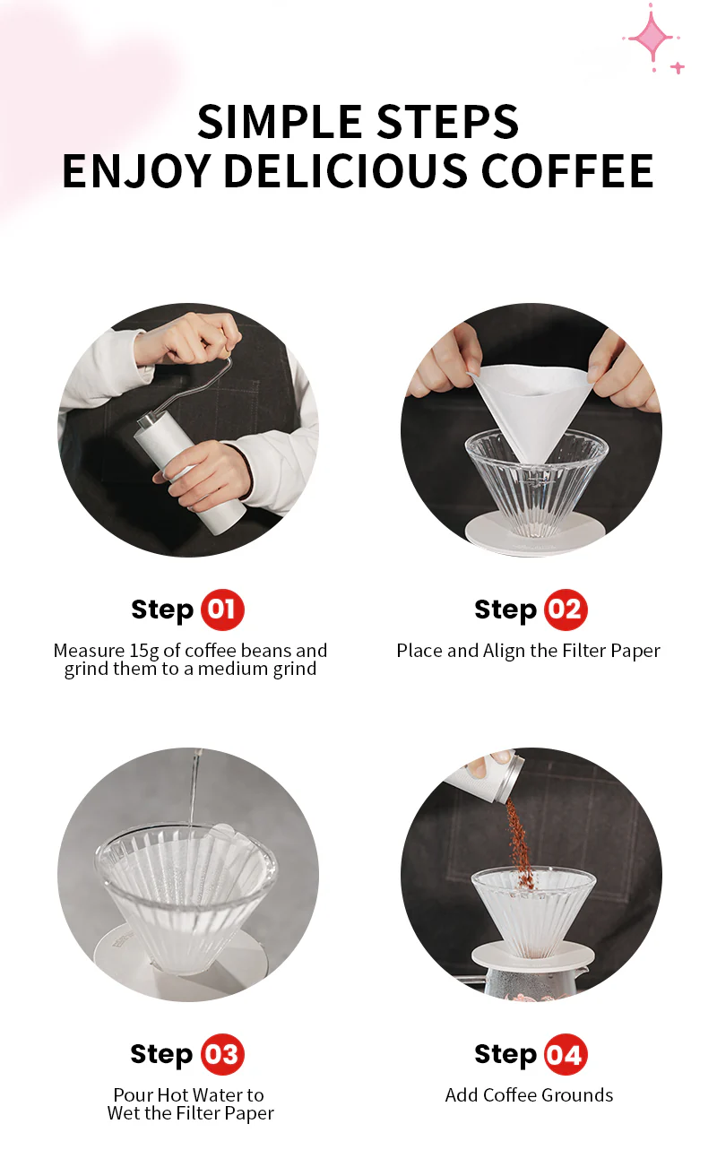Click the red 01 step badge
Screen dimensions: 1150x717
point(221,610)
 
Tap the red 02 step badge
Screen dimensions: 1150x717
point(565,610)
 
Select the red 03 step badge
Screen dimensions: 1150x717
point(221,1055)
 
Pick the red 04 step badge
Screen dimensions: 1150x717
point(565,1055)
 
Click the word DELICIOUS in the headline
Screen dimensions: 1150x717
point(345,171)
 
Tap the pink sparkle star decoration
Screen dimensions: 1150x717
point(651,39)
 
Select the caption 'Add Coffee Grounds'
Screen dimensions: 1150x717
point(529,1095)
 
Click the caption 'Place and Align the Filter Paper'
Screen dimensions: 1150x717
point(528,651)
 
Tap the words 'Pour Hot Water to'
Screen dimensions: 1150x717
point(188,1095)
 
